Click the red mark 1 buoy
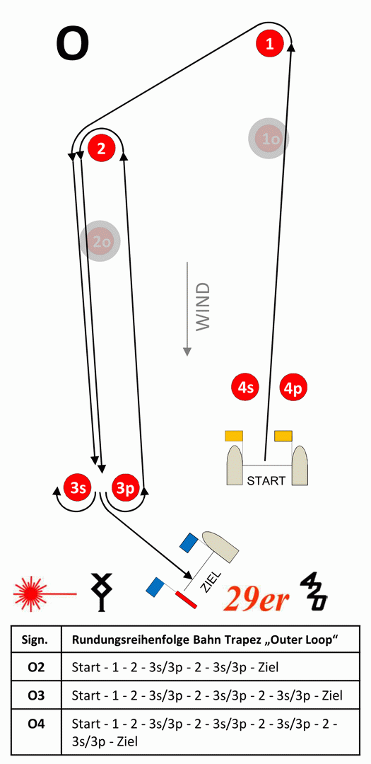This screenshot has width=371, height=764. [270, 44]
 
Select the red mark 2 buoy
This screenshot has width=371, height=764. [101, 148]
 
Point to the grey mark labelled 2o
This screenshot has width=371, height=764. [100, 241]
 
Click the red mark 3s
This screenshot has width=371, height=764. [78, 487]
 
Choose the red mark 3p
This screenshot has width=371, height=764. [125, 487]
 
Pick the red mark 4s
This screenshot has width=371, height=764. [245, 388]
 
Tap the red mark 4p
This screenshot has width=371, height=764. [293, 388]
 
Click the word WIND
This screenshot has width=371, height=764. [203, 306]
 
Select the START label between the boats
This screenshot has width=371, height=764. [266, 480]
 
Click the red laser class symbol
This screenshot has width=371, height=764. [45, 594]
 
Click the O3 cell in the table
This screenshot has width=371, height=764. [37, 695]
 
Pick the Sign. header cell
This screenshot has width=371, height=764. [37, 639]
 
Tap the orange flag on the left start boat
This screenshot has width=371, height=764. [234, 436]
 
